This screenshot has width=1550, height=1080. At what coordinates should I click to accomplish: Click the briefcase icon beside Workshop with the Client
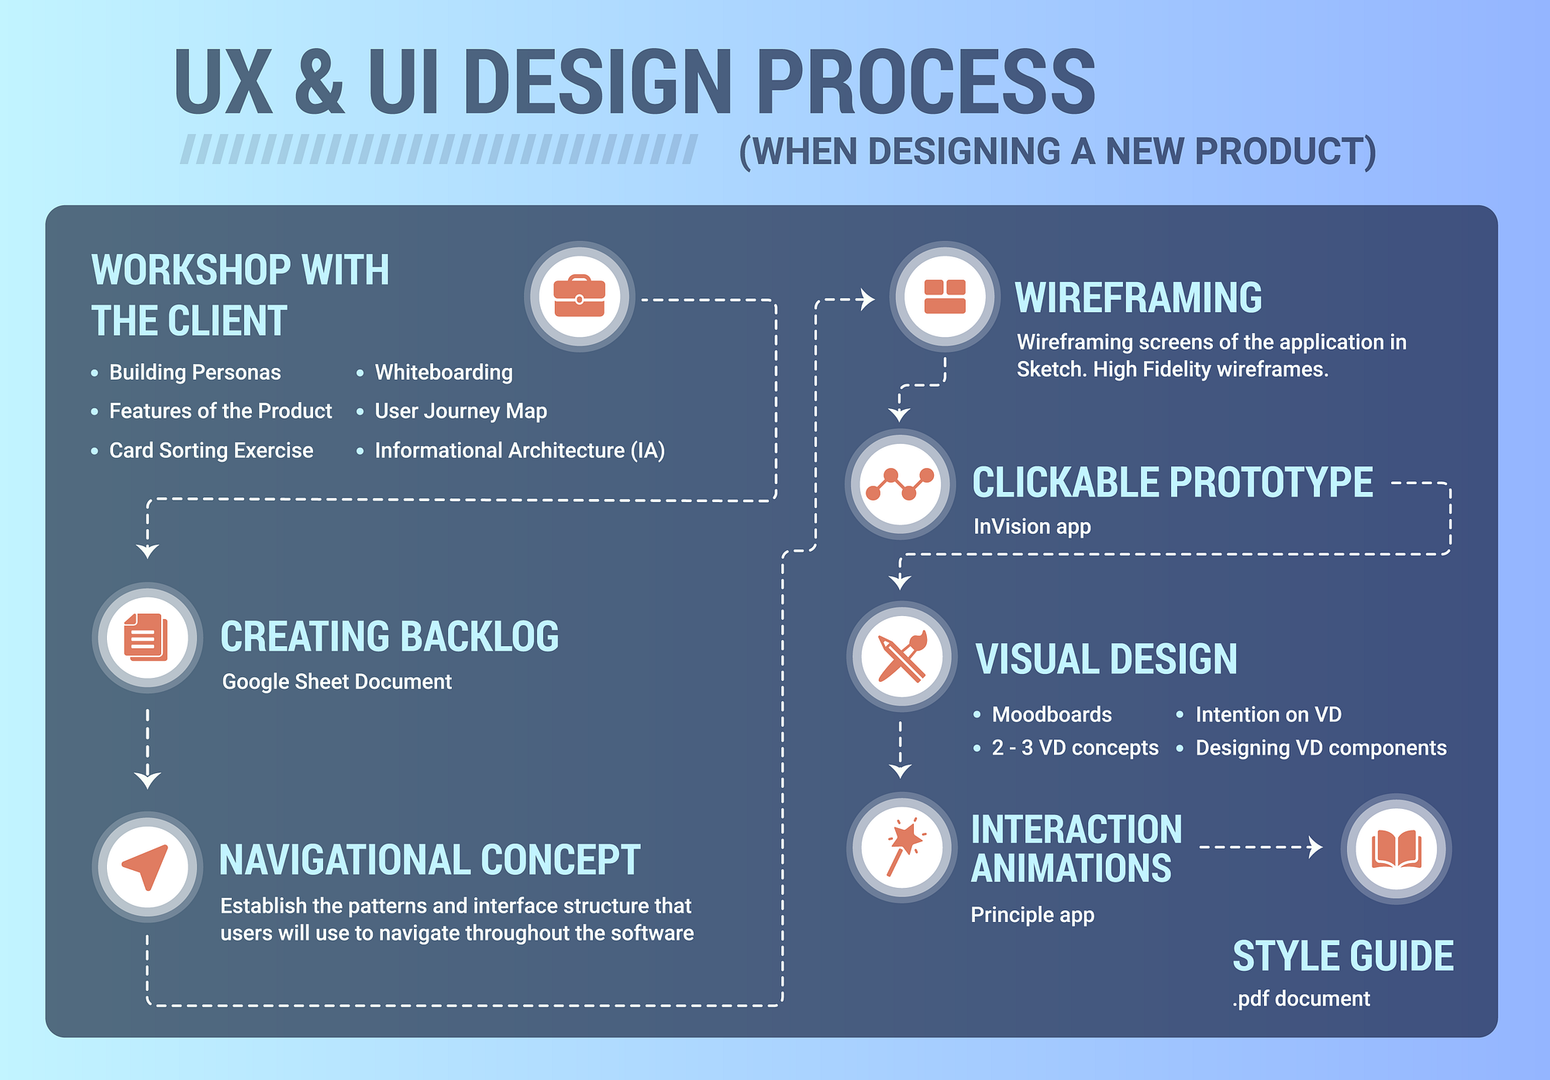point(579,296)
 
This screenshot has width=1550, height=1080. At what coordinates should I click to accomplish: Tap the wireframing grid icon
point(945,296)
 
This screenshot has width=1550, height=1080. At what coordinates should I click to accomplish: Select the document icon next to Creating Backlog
point(146,637)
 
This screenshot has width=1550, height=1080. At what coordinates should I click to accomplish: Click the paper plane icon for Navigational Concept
point(146,865)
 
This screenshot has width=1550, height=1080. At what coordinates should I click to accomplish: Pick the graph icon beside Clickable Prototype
point(900,483)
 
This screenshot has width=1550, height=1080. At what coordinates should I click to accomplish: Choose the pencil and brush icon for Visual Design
point(901,656)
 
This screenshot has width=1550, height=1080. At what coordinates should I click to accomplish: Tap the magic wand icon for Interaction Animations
point(901,847)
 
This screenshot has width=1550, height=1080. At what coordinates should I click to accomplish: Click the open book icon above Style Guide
point(1396,848)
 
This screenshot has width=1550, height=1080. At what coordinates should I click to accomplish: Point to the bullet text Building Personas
point(195,373)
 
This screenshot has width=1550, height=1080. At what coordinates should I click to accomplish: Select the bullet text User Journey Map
point(460,411)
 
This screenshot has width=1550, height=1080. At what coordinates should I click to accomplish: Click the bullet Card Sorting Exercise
point(211,451)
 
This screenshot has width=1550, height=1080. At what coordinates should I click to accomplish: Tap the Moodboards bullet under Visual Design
point(1051,714)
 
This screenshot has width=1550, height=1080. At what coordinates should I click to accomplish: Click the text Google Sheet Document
point(336,682)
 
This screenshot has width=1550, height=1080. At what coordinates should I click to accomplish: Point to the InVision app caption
point(1032,527)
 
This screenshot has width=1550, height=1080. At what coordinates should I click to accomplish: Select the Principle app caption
point(1032,915)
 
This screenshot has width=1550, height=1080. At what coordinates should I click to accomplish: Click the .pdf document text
point(1300,999)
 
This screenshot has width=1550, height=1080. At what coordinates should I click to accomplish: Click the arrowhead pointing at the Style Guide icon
point(1314,847)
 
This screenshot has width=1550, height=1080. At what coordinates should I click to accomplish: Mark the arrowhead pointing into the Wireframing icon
point(867,299)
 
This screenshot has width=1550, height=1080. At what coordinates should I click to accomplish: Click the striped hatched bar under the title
point(439,150)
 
